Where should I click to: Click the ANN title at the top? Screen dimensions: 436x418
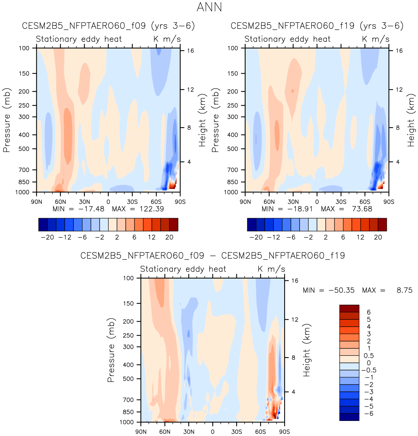[x=209, y=7]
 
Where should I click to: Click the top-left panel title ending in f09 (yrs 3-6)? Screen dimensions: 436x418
[x=108, y=26]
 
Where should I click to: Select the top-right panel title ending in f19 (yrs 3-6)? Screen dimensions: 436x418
[x=317, y=26]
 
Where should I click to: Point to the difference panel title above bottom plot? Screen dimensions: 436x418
[x=212, y=255]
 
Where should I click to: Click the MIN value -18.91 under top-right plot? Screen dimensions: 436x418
[x=297, y=209]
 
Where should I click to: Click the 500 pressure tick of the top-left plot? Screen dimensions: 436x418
[x=24, y=149]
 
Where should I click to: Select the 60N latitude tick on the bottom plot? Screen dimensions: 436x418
[x=165, y=432]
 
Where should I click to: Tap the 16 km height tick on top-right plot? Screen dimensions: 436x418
[x=399, y=51]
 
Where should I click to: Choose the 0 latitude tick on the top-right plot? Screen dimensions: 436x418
[x=317, y=202]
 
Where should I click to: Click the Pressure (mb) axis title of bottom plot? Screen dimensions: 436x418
[x=111, y=350]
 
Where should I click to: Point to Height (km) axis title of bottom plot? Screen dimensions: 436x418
[x=307, y=350]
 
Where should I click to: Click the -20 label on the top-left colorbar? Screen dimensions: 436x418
[x=47, y=237]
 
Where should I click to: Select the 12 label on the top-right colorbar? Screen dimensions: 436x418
[x=360, y=237]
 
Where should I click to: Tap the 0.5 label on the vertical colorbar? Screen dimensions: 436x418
[x=369, y=356]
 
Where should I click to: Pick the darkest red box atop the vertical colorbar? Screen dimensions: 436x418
[x=349, y=309]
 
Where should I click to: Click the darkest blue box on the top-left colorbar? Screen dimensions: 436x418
[x=43, y=224]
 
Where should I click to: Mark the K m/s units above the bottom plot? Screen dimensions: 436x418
[x=271, y=269]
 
